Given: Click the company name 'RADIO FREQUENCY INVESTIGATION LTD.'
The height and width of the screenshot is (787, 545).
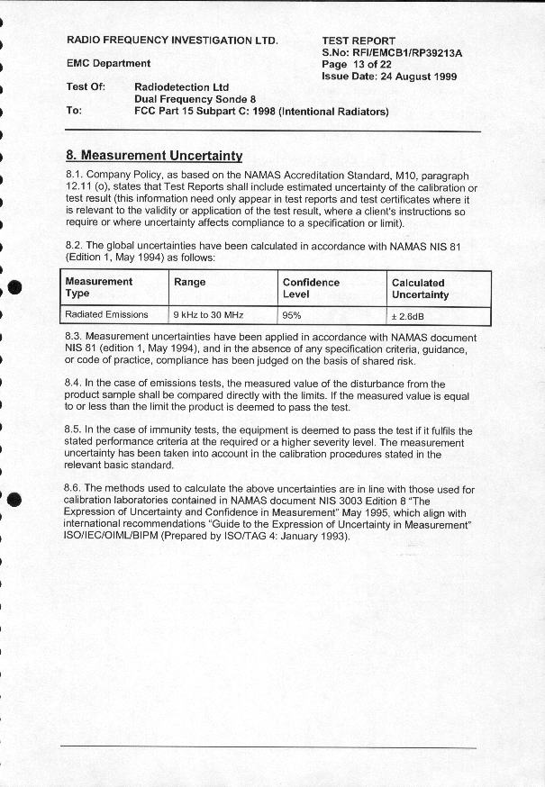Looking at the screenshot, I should pos(173,41).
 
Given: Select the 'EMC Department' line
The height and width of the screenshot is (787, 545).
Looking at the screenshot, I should pos(109,64).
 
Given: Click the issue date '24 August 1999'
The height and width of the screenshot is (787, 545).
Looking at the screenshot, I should pos(418,77).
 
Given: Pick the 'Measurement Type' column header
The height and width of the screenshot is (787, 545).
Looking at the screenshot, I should pos(99,287).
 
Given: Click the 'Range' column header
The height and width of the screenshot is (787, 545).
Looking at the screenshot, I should pos(189,282).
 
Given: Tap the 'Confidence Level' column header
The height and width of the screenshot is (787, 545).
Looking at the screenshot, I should pos(311,287).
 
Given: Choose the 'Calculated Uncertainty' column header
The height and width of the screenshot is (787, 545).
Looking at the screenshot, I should pos(420,288).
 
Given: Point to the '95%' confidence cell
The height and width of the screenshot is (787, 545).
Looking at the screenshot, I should pos(292,315).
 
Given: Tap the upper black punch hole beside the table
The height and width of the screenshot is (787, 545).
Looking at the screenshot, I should pos(14,287).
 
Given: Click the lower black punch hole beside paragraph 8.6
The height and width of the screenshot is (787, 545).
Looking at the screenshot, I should pos(14,501).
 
